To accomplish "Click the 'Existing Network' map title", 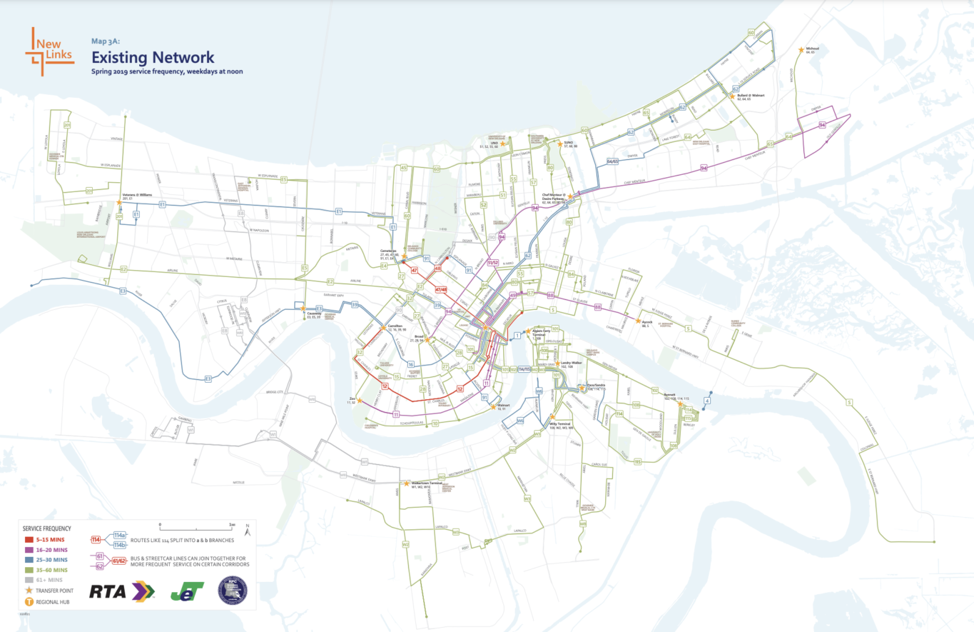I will (152, 57).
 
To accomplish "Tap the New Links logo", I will (49, 51).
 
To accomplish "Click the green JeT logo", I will (187, 591).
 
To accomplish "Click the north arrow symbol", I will (246, 531).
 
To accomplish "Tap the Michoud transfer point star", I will (801, 49).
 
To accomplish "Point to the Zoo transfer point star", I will (360, 401).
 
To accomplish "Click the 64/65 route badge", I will (612, 162).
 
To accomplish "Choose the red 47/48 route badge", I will (440, 289).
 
